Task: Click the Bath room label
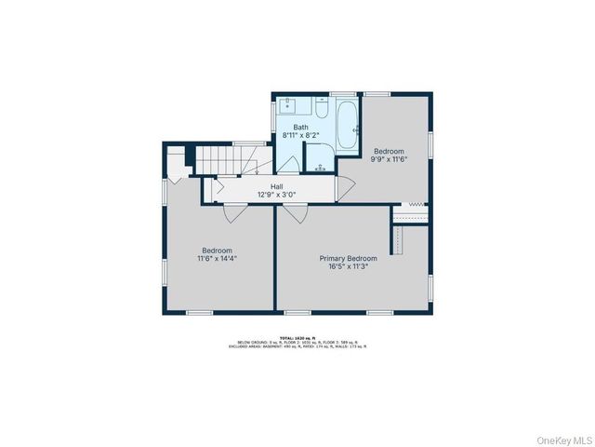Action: tap(301, 128)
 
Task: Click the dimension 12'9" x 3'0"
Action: tap(276, 196)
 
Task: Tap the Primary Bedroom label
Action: tap(349, 258)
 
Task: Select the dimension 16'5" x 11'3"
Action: tap(349, 266)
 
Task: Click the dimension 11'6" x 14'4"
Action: tap(218, 259)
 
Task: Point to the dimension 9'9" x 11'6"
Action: tap(390, 159)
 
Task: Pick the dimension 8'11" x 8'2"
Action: tap(301, 136)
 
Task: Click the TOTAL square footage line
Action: tap(297, 338)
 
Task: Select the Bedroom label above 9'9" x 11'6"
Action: tap(390, 151)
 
